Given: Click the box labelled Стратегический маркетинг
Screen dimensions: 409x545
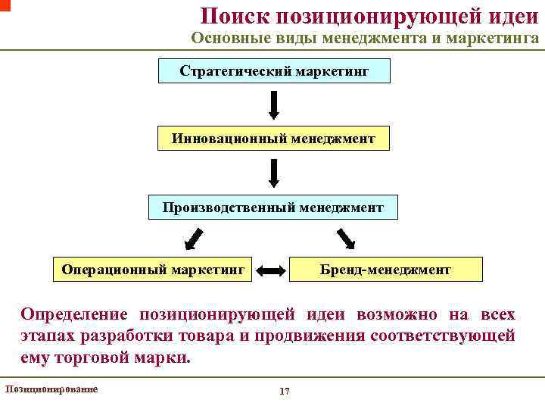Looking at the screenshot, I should pos(273,71).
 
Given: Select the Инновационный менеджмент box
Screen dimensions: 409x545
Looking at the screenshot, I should pos(273,139).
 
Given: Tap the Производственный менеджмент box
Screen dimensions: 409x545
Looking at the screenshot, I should pos(273,207).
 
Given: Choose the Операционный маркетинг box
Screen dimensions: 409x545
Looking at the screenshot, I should pos(153,269).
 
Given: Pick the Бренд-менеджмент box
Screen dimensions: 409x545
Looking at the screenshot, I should pos(385,269).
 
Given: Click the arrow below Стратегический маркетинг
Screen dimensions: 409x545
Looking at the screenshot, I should pos(273,105).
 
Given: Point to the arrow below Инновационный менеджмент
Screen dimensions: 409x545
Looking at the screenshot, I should pos(273,172).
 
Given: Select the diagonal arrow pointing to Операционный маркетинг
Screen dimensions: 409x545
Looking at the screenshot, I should pos(193,239).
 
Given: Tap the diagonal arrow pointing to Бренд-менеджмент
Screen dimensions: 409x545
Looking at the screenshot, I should pos(346,239).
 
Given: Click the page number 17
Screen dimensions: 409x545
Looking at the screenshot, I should pos(285,392).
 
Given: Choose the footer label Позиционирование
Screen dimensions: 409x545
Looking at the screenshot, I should pos(51,389).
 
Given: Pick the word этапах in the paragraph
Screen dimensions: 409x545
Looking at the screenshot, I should pos(47,336).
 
